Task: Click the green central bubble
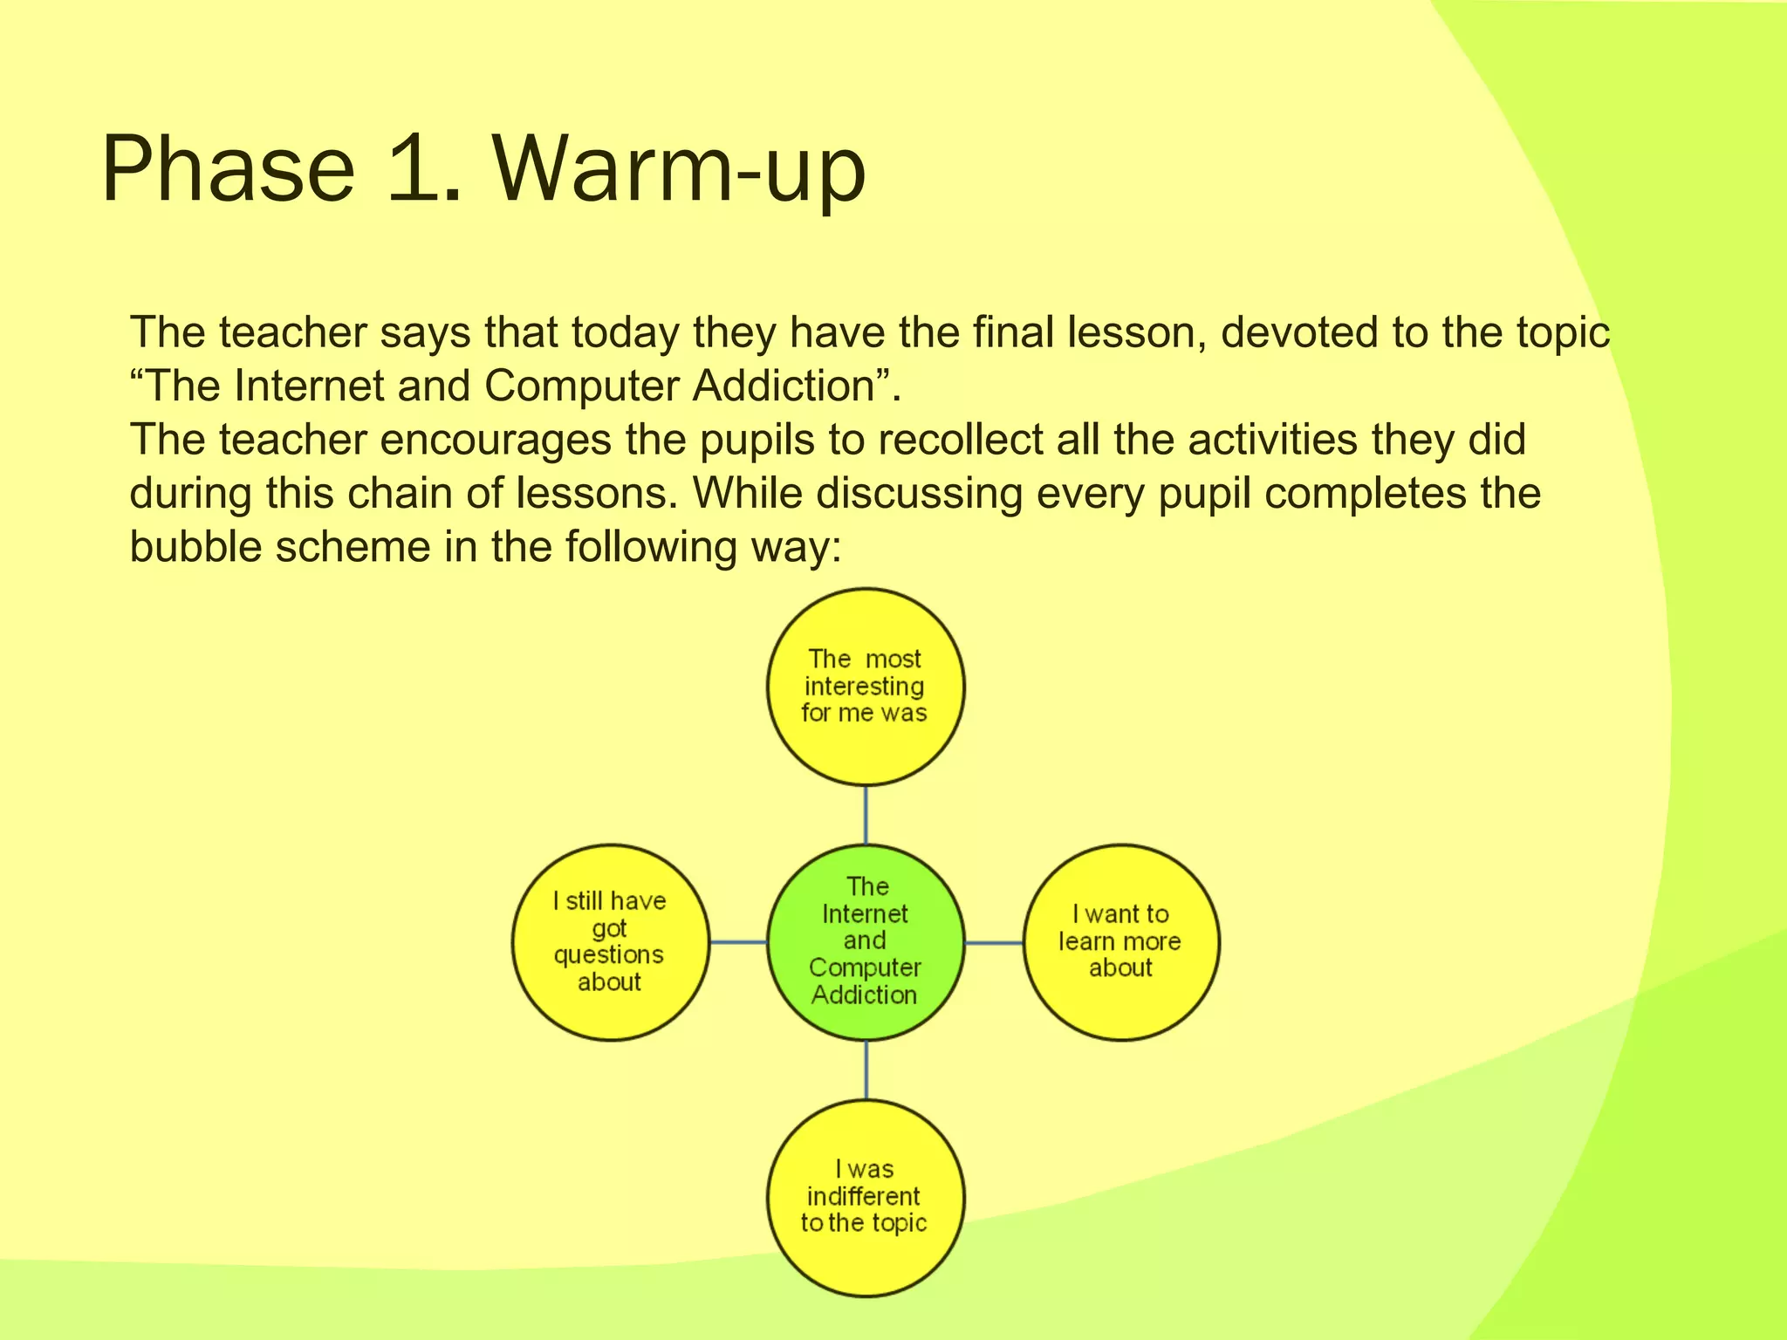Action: (x=866, y=942)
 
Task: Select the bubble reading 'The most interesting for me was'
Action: (x=866, y=687)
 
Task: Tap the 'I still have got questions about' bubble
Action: (x=610, y=942)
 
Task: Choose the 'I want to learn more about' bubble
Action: (x=1121, y=942)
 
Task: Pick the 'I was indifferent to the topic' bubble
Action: (x=866, y=1198)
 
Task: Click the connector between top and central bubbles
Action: (x=866, y=815)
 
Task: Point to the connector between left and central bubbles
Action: (x=738, y=942)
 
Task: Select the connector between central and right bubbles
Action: (x=994, y=943)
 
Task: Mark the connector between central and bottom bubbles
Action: (x=866, y=1070)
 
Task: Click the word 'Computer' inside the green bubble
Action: (x=865, y=967)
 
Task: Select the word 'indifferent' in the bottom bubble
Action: (x=864, y=1196)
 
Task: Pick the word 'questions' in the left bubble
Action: (x=609, y=954)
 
